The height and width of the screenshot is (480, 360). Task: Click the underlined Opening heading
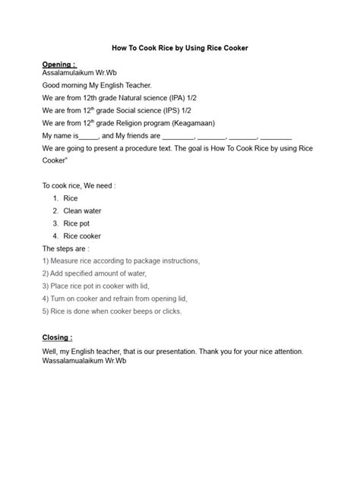pos(58,65)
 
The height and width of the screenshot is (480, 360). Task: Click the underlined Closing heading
pos(57,337)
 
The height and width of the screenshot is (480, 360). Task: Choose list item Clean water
pos(83,210)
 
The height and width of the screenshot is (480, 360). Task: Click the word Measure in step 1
pos(68,261)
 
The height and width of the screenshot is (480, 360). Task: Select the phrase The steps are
pos(66,248)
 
